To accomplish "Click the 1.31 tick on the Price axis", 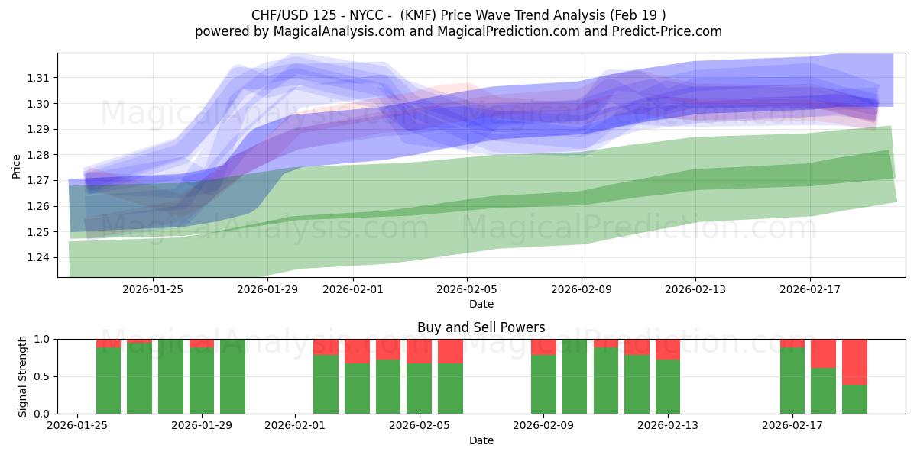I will (39, 78).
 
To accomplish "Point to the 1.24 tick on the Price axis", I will (39, 257).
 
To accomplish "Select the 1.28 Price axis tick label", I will (39, 155).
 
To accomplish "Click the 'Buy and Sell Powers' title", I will (481, 327).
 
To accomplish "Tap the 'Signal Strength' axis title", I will (23, 376).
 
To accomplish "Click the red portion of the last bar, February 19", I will (854, 362).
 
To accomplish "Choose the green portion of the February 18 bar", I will (823, 391).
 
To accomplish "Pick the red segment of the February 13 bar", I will (668, 349).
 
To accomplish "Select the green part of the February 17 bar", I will (792, 381).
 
